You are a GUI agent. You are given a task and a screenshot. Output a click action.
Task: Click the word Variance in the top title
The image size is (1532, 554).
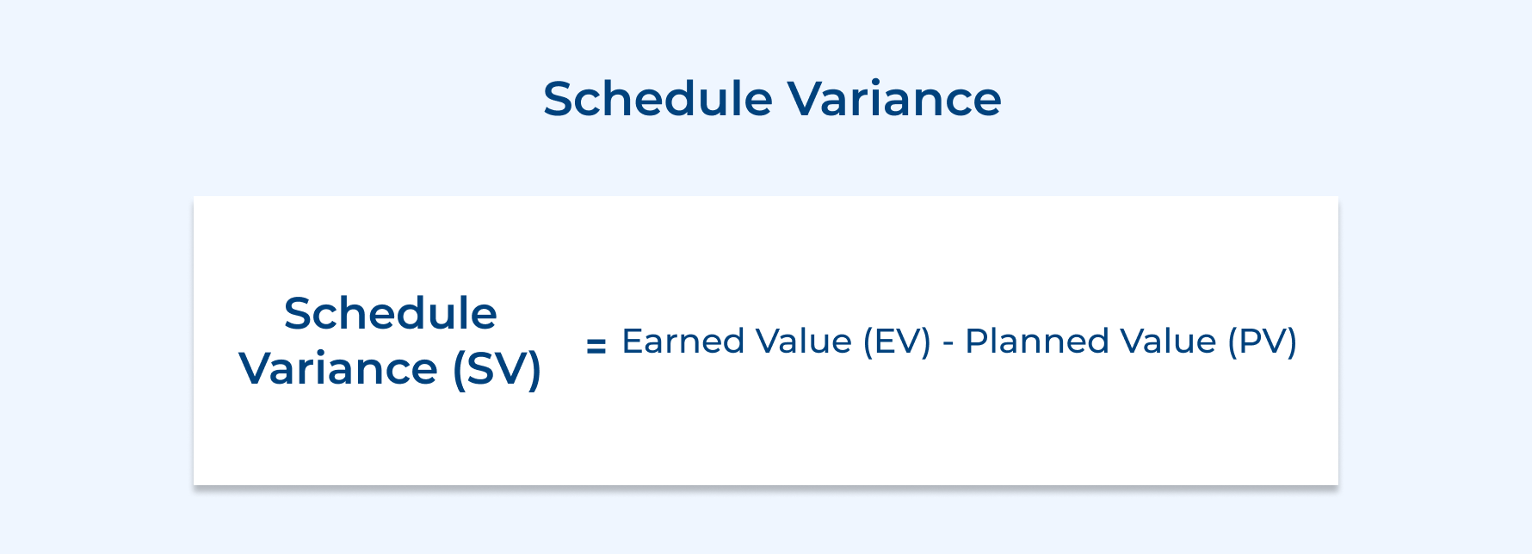(x=895, y=99)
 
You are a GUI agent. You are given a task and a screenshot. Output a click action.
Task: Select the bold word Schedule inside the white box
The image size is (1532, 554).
(x=390, y=313)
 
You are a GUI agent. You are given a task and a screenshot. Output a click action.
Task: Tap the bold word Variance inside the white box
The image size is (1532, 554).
(x=338, y=369)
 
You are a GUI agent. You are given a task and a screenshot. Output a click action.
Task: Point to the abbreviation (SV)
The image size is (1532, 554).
(x=497, y=369)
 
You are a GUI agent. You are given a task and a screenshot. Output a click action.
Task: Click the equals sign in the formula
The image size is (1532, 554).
(x=596, y=346)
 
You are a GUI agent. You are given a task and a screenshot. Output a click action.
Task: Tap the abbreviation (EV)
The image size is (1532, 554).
(x=897, y=342)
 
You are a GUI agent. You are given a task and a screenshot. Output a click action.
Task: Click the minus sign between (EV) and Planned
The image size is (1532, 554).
(x=948, y=344)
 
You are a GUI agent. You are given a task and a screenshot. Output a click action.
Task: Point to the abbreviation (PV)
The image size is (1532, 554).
(x=1262, y=342)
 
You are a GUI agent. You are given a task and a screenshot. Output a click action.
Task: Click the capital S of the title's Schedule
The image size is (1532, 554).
(x=559, y=99)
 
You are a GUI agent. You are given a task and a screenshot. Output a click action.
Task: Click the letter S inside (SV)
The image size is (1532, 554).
(x=483, y=369)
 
